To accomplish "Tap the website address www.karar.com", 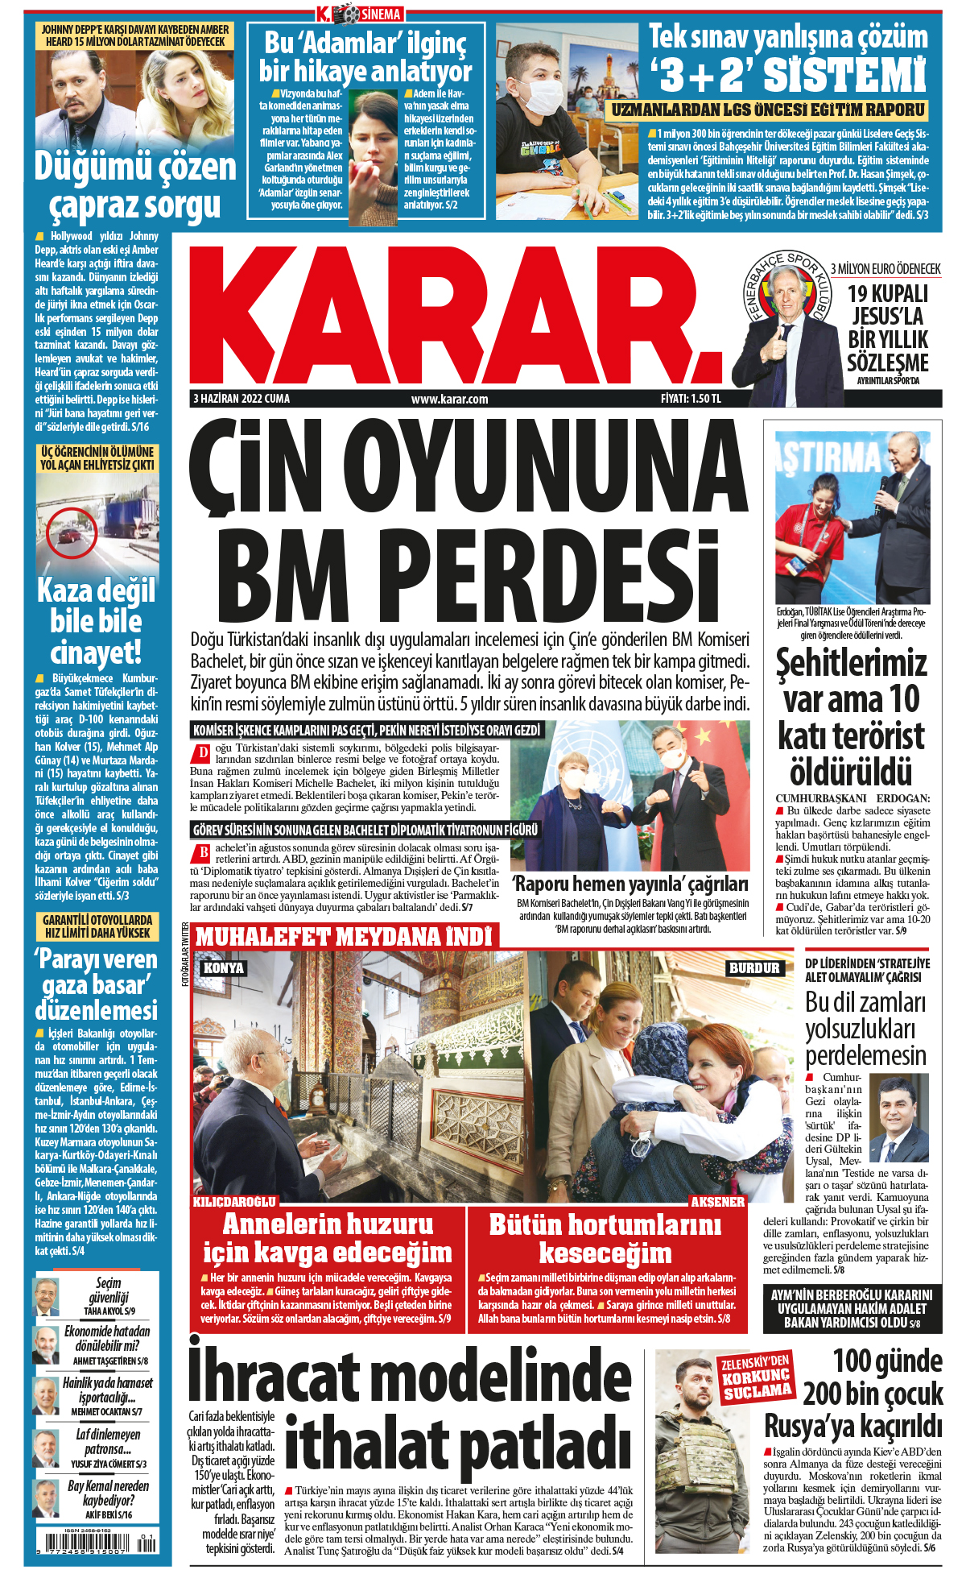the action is point(449,399).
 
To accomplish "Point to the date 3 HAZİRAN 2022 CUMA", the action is point(242,399).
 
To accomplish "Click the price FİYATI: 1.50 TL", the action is point(691,399).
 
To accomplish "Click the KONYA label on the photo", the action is point(223,967).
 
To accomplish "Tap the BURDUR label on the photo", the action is point(754,967).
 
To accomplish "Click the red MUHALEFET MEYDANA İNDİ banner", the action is point(344,937).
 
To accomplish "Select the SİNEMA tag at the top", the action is point(380,14).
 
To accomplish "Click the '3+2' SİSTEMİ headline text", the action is point(788,75).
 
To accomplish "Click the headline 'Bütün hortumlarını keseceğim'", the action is point(605,1239).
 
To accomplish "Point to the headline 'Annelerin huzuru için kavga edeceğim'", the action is point(328,1239).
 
